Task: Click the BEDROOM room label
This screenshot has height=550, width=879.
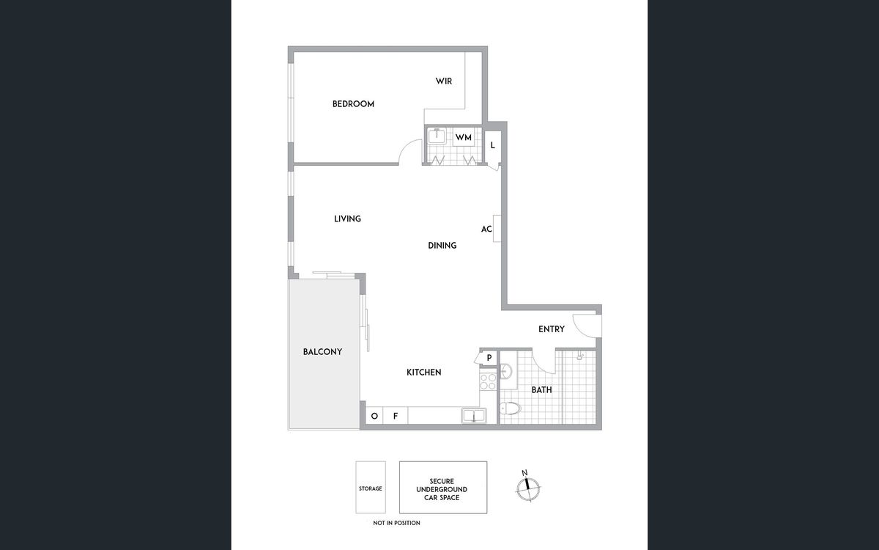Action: pos(353,104)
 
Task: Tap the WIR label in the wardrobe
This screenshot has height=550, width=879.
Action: pos(444,81)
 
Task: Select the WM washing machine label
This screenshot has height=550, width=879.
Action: pos(463,137)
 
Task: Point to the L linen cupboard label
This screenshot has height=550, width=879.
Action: pos(493,145)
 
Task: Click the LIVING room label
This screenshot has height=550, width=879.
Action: pos(347,219)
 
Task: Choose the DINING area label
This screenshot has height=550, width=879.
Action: pos(442,246)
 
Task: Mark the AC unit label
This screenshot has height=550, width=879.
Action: pos(486,229)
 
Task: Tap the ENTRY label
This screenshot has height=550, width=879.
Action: pos(552,329)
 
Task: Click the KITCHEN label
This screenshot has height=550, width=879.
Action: pos(424,373)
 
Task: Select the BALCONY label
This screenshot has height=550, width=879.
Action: pos(322,352)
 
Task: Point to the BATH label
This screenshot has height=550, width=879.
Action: pos(542,390)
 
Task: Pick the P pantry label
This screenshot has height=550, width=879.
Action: pos(489,358)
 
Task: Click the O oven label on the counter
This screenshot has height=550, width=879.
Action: pos(374,417)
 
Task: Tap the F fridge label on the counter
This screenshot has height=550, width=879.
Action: pos(396,417)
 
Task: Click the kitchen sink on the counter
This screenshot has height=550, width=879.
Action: pos(473,416)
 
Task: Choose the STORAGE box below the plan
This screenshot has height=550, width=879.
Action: pos(370,488)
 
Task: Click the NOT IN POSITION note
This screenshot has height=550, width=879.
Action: pos(396,523)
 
